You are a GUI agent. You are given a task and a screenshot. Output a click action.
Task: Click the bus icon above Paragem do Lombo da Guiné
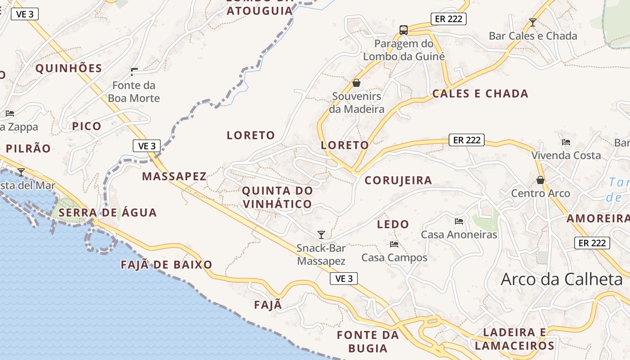pyautogui.click(x=404, y=30)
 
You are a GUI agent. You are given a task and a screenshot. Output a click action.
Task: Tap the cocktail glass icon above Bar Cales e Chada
pyautogui.click(x=533, y=22)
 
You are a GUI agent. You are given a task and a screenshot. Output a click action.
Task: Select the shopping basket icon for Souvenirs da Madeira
pyautogui.click(x=356, y=83)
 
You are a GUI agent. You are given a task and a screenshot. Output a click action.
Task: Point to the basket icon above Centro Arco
pyautogui.click(x=540, y=180)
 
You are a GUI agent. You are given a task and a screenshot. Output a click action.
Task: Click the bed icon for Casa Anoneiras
pyautogui.click(x=459, y=221)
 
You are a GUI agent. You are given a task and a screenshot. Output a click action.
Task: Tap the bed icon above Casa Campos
pyautogui.click(x=394, y=244)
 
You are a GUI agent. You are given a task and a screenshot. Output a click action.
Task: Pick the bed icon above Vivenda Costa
pyautogui.click(x=566, y=142)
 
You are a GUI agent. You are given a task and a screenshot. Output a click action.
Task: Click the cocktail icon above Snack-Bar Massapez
pyautogui.click(x=321, y=234)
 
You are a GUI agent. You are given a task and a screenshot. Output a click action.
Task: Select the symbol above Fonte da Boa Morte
pyautogui.click(x=134, y=72)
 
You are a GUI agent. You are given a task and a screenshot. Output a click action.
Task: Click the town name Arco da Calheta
pyautogui.click(x=562, y=279)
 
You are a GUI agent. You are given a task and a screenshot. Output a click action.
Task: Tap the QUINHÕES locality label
pyautogui.click(x=69, y=68)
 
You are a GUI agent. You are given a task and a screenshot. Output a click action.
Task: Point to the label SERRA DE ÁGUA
pyautogui.click(x=108, y=212)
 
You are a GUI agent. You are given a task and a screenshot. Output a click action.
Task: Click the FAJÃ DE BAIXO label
pyautogui.click(x=166, y=265)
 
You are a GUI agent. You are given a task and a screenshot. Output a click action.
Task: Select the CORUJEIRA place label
pyautogui.click(x=398, y=180)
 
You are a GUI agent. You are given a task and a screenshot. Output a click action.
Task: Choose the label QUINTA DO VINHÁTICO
pyautogui.click(x=277, y=197)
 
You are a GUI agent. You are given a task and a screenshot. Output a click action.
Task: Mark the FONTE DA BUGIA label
pyautogui.click(x=368, y=342)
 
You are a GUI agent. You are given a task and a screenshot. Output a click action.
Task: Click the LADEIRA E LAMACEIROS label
pyautogui.click(x=514, y=339)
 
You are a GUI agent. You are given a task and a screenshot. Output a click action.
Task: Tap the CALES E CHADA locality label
pyautogui.click(x=480, y=94)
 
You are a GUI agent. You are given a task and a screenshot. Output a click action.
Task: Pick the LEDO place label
pyautogui.click(x=393, y=224)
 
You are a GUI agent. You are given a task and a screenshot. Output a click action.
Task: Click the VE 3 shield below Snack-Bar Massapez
pyautogui.click(x=344, y=279)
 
